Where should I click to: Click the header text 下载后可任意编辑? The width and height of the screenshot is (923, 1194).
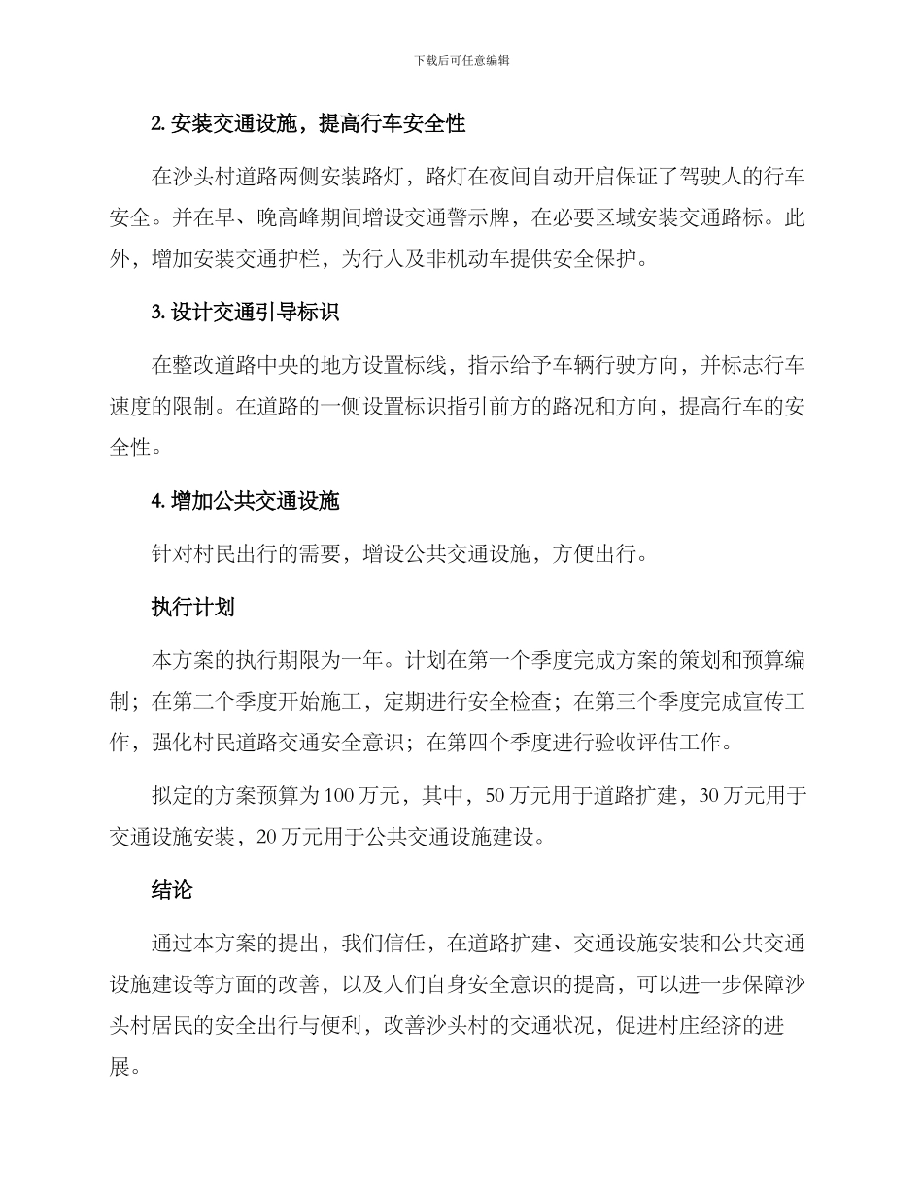(461, 60)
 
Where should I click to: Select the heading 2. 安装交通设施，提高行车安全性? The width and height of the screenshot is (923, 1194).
(309, 123)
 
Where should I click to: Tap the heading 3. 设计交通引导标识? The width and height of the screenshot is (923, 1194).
(245, 313)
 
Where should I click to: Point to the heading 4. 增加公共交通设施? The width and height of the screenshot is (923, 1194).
(245, 502)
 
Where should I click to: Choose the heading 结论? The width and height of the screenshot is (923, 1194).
(172, 889)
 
